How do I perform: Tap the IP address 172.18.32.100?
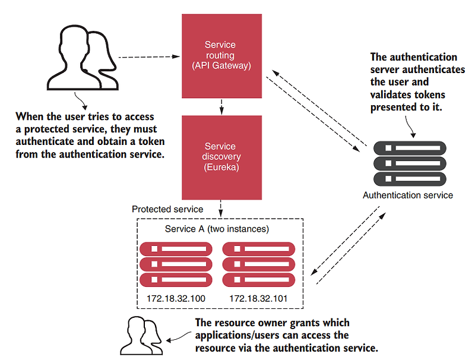[176, 298]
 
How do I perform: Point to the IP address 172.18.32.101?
[258, 298]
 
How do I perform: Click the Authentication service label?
[408, 195]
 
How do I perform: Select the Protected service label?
[167, 209]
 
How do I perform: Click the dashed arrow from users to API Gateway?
[148, 58]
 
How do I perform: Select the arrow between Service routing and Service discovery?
[221, 107]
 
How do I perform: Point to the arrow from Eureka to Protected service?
[221, 208]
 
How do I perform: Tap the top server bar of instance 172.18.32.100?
[176, 248]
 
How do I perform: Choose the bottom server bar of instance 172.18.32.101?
[258, 279]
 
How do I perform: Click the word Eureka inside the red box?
[220, 168]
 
